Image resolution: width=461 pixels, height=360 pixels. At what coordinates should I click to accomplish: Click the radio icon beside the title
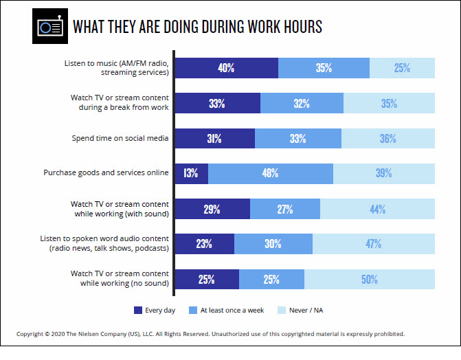point(50,27)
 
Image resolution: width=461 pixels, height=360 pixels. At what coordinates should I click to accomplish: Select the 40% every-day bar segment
point(227,68)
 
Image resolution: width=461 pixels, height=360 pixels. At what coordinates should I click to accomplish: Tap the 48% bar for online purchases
point(270,173)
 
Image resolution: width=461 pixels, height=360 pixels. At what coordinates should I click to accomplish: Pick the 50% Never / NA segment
point(370,279)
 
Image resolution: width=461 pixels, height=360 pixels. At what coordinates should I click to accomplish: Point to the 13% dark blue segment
point(192,173)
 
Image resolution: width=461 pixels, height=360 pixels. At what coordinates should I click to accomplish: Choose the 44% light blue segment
point(377,209)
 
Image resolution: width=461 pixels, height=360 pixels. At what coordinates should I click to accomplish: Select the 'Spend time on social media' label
point(121,138)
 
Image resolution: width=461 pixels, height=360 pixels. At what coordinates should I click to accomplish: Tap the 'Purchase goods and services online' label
point(110,172)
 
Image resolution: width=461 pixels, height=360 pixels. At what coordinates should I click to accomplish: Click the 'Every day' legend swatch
point(137,311)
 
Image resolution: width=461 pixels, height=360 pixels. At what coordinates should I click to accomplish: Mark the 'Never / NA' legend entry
point(306,311)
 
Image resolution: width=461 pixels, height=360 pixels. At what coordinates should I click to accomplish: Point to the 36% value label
point(387,138)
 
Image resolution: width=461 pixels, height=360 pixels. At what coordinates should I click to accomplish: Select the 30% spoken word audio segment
point(273,243)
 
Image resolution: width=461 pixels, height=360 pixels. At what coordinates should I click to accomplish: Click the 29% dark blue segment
point(212,209)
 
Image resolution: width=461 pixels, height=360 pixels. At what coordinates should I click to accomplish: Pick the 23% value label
point(204,243)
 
